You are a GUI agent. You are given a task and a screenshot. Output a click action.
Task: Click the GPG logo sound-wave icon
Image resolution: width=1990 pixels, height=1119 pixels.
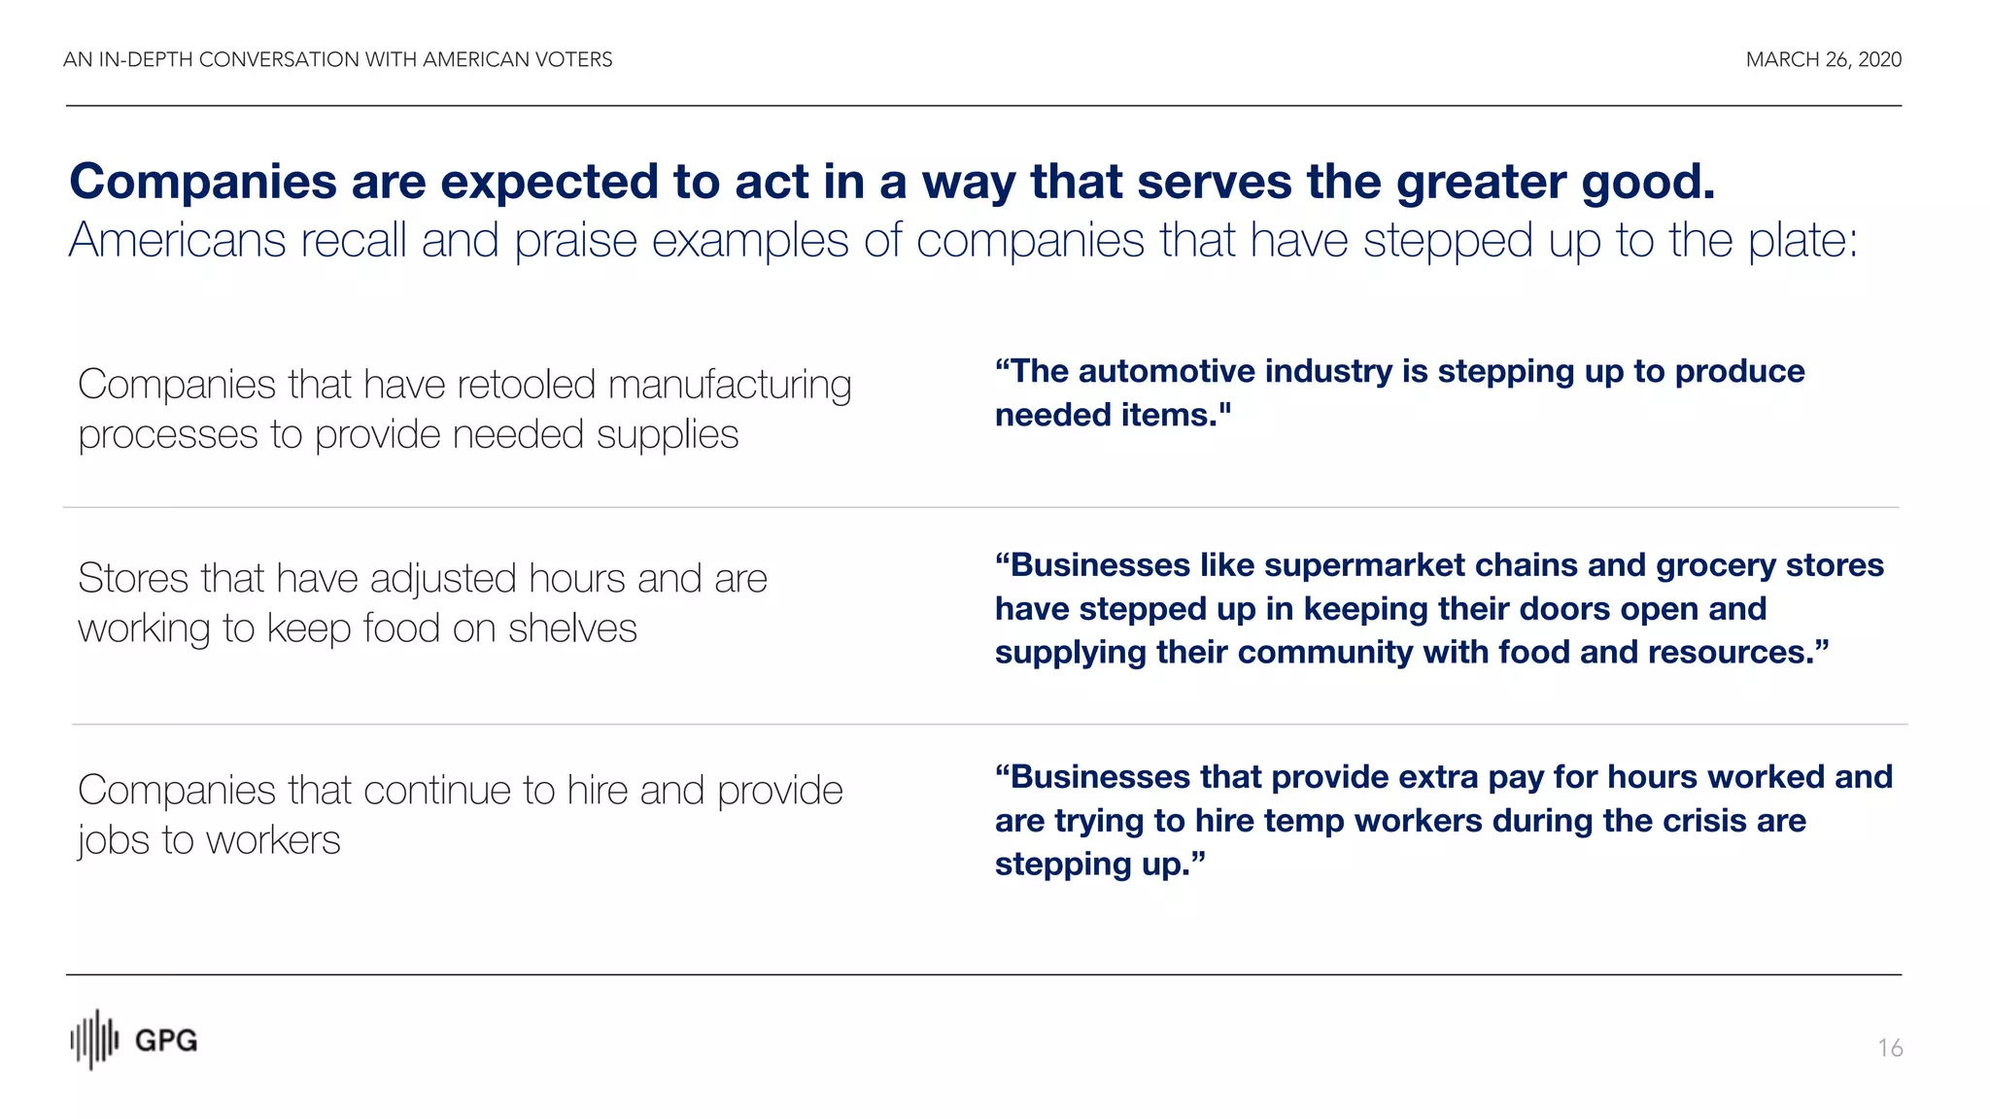(94, 1039)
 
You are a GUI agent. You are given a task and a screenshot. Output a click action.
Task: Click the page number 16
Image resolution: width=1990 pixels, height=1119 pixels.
(1890, 1048)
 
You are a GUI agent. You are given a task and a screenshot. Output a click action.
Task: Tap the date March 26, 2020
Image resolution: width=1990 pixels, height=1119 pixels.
(1823, 60)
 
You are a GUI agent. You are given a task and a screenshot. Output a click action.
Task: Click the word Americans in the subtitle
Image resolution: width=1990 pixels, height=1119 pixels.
(177, 240)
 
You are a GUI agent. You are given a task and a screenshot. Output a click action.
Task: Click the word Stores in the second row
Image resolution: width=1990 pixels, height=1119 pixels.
(133, 579)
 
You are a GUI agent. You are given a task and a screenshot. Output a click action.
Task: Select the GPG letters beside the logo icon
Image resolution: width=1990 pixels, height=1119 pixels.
(165, 1041)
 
